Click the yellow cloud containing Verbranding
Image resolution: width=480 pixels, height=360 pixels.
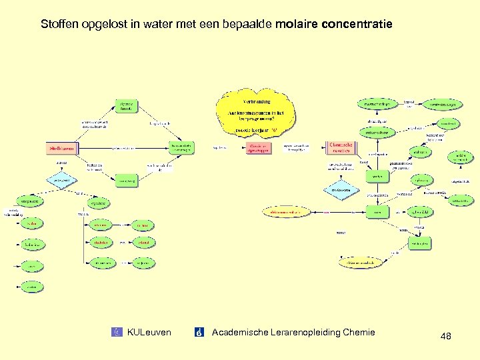[256, 115]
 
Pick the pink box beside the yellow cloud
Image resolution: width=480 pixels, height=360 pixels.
[257, 147]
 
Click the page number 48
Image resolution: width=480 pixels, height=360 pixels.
[446, 337]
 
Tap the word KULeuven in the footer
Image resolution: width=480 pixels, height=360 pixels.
[149, 332]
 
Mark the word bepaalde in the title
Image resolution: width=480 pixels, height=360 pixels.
[245, 25]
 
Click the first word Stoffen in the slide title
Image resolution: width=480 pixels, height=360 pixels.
[59, 25]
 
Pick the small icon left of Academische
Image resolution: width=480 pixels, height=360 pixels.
[199, 332]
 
